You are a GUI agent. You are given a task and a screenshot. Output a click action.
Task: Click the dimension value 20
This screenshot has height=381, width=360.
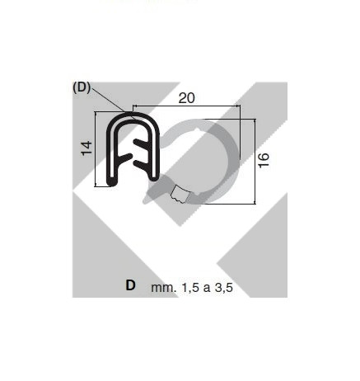(187, 98)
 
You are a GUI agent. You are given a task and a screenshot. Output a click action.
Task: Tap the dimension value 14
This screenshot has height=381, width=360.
(86, 148)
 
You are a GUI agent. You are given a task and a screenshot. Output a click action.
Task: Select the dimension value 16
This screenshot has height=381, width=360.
(264, 160)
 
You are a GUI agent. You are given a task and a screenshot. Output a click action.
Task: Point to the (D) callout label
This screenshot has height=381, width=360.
(82, 87)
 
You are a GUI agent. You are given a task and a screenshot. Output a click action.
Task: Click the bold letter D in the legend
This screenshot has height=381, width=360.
(130, 285)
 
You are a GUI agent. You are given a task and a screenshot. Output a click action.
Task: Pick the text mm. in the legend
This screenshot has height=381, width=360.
(164, 288)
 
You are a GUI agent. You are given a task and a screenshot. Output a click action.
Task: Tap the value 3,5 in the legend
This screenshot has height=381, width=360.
(224, 288)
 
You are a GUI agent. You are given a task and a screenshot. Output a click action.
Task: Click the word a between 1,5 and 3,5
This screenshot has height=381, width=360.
(207, 289)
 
